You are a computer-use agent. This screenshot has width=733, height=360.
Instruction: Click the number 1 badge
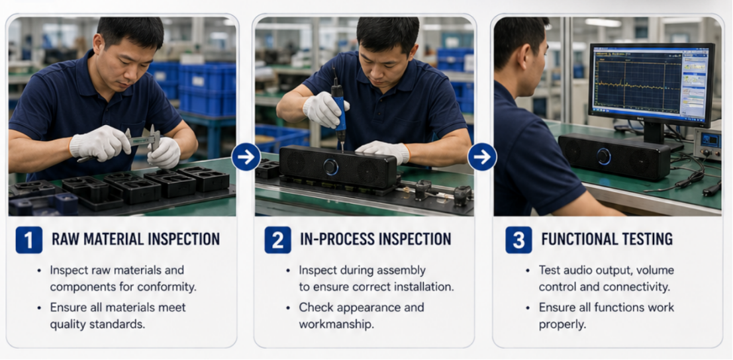point(29,240)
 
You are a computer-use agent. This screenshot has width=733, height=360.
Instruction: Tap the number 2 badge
point(277,240)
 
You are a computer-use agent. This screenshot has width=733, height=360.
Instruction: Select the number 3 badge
point(518,240)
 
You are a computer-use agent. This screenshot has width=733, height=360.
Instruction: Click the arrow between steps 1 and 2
point(246,157)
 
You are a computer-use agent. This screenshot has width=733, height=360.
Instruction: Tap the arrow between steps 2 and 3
point(482,157)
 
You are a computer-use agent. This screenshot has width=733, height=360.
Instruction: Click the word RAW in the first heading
point(64,239)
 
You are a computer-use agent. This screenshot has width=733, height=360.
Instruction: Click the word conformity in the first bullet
point(169,287)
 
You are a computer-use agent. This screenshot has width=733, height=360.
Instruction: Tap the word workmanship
point(336,324)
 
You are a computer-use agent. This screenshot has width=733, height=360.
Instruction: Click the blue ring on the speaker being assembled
point(331,167)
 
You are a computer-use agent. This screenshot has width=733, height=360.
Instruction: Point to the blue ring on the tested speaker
point(603,156)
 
